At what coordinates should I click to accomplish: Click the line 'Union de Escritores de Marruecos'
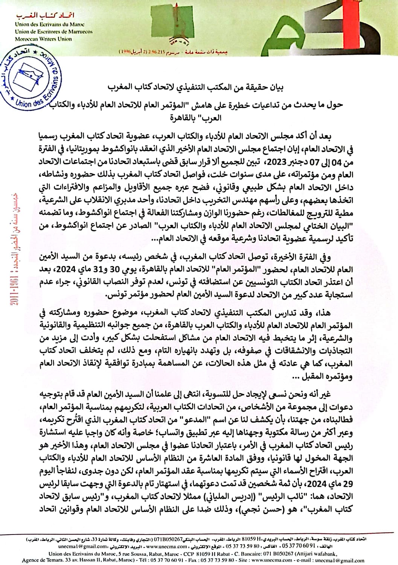53,32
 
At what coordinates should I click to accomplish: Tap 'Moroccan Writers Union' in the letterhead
43,39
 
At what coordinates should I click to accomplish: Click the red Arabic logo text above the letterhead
46,15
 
